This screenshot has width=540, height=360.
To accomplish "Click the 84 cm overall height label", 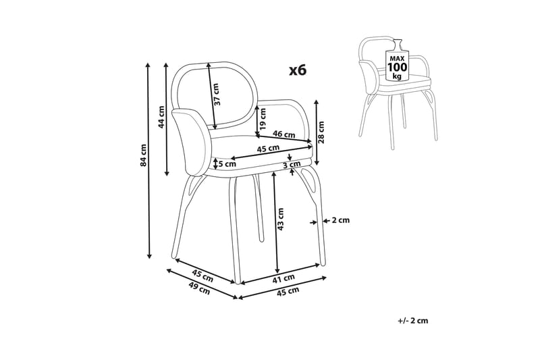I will (143, 156).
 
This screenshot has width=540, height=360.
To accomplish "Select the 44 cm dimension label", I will (161, 117).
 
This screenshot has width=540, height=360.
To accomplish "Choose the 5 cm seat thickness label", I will (227, 163).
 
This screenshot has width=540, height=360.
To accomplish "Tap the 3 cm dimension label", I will (291, 165).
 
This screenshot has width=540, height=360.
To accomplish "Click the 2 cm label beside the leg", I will (340, 220).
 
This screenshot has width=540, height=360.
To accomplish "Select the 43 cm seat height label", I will (281, 217).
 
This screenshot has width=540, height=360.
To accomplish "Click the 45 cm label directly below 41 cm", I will (288, 291).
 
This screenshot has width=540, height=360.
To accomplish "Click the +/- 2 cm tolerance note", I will (413, 320).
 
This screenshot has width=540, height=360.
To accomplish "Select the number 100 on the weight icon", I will (397, 68).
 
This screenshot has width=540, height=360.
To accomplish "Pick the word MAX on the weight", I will (397, 58).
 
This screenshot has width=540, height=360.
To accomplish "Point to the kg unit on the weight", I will (397, 77).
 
